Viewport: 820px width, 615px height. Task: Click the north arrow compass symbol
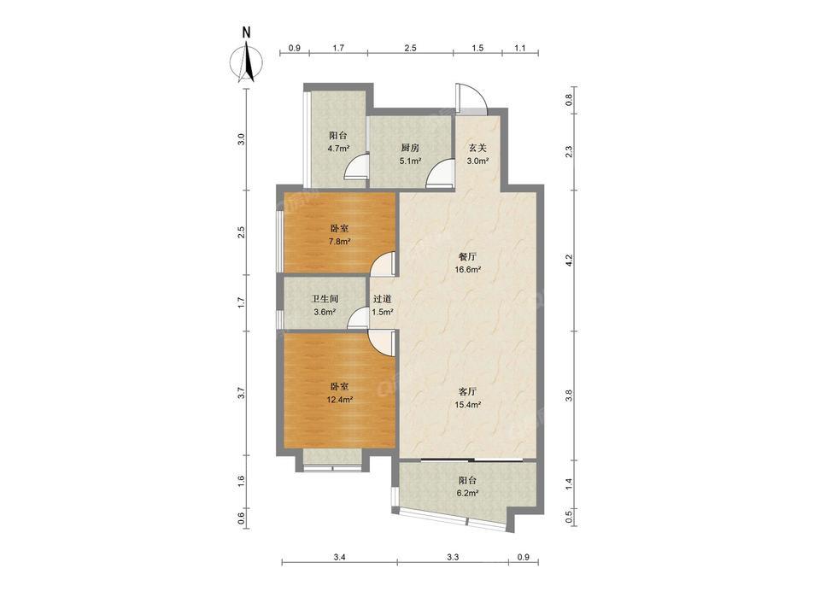(x=247, y=62)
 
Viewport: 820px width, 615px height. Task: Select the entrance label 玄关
(x=477, y=148)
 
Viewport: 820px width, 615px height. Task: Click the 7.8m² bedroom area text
(x=339, y=242)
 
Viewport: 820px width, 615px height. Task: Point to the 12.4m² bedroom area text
(x=339, y=400)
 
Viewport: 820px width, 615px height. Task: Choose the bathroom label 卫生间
(x=325, y=299)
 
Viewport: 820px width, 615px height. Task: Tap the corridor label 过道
(x=383, y=299)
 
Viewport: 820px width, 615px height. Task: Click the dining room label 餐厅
(x=467, y=257)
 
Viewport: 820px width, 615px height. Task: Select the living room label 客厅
(x=467, y=392)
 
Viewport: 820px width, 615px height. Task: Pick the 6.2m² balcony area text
(x=467, y=493)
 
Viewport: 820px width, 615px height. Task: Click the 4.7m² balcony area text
(x=338, y=148)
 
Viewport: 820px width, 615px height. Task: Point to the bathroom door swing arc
(x=358, y=318)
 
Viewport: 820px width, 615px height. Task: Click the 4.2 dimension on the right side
(x=570, y=260)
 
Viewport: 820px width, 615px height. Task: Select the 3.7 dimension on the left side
(x=241, y=392)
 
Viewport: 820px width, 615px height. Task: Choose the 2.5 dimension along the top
(x=411, y=48)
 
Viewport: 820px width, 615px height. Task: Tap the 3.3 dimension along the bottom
(x=453, y=557)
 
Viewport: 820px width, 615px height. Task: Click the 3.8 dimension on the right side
(x=570, y=395)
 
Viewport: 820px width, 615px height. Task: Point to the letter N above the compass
(x=246, y=32)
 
